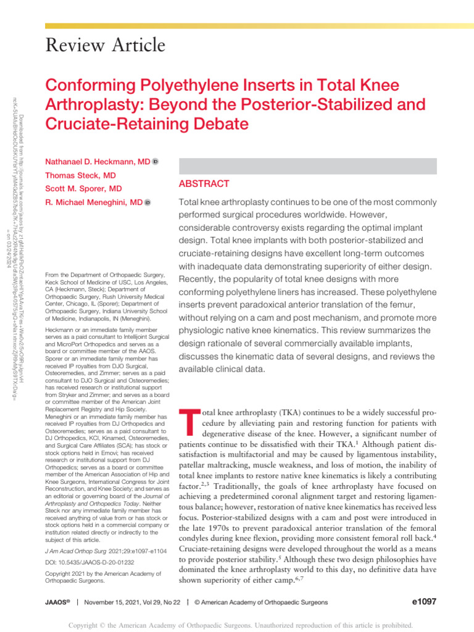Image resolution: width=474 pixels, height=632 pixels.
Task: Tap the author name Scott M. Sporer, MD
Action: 83,188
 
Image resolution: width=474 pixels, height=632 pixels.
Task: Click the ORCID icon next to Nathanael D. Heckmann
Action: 156,162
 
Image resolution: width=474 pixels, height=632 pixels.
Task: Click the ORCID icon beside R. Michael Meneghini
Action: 148,202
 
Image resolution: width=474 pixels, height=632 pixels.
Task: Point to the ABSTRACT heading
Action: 204,184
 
